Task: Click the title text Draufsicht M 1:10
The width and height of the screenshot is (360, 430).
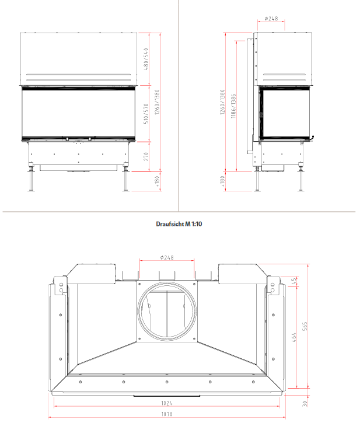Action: (x=179, y=224)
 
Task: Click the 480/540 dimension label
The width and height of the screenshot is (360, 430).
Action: (x=146, y=60)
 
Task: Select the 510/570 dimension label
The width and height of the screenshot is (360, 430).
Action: (x=146, y=114)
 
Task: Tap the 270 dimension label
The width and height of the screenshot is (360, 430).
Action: (x=146, y=156)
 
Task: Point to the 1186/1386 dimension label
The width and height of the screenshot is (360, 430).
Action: (x=233, y=106)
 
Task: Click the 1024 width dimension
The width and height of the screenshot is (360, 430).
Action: (x=167, y=403)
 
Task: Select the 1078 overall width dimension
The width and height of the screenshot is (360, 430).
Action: (x=167, y=414)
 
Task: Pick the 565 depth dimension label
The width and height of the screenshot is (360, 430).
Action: (x=305, y=326)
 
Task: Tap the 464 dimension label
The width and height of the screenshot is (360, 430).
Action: (x=294, y=338)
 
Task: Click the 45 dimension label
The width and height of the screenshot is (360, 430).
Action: (x=294, y=281)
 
